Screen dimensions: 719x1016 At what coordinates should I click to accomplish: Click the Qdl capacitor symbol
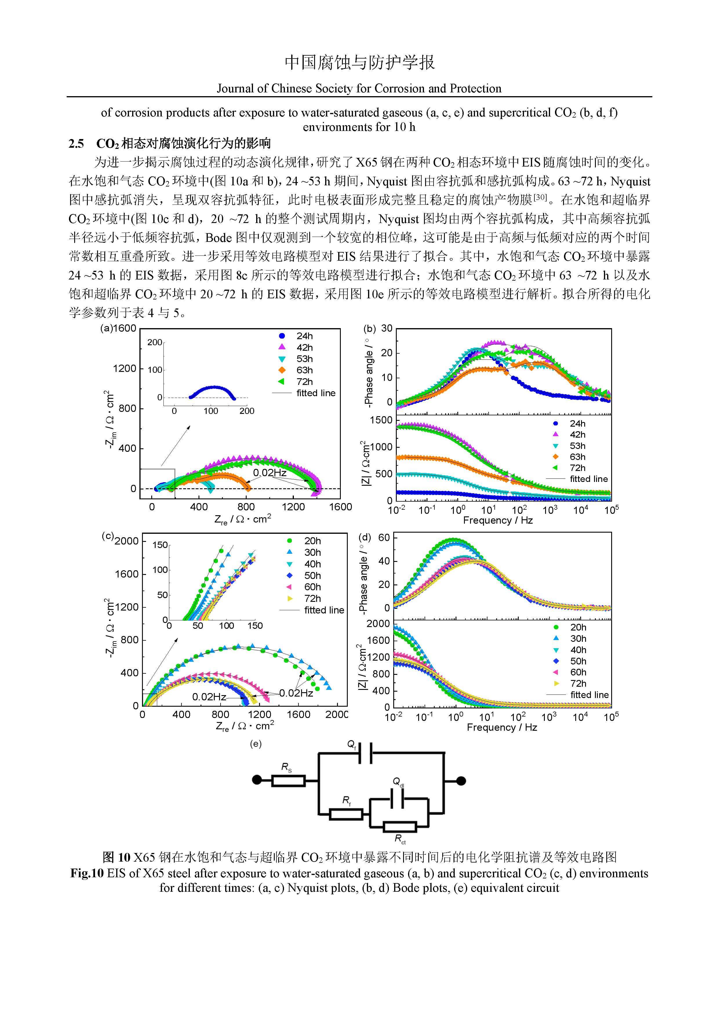pos(397,799)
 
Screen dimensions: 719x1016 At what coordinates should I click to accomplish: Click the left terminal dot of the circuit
pos(257,780)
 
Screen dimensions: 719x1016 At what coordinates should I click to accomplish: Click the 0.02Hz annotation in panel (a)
pos(270,473)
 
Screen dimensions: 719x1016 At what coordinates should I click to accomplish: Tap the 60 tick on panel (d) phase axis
pos(384,537)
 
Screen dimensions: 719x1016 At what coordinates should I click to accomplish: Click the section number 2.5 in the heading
pos(76,143)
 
